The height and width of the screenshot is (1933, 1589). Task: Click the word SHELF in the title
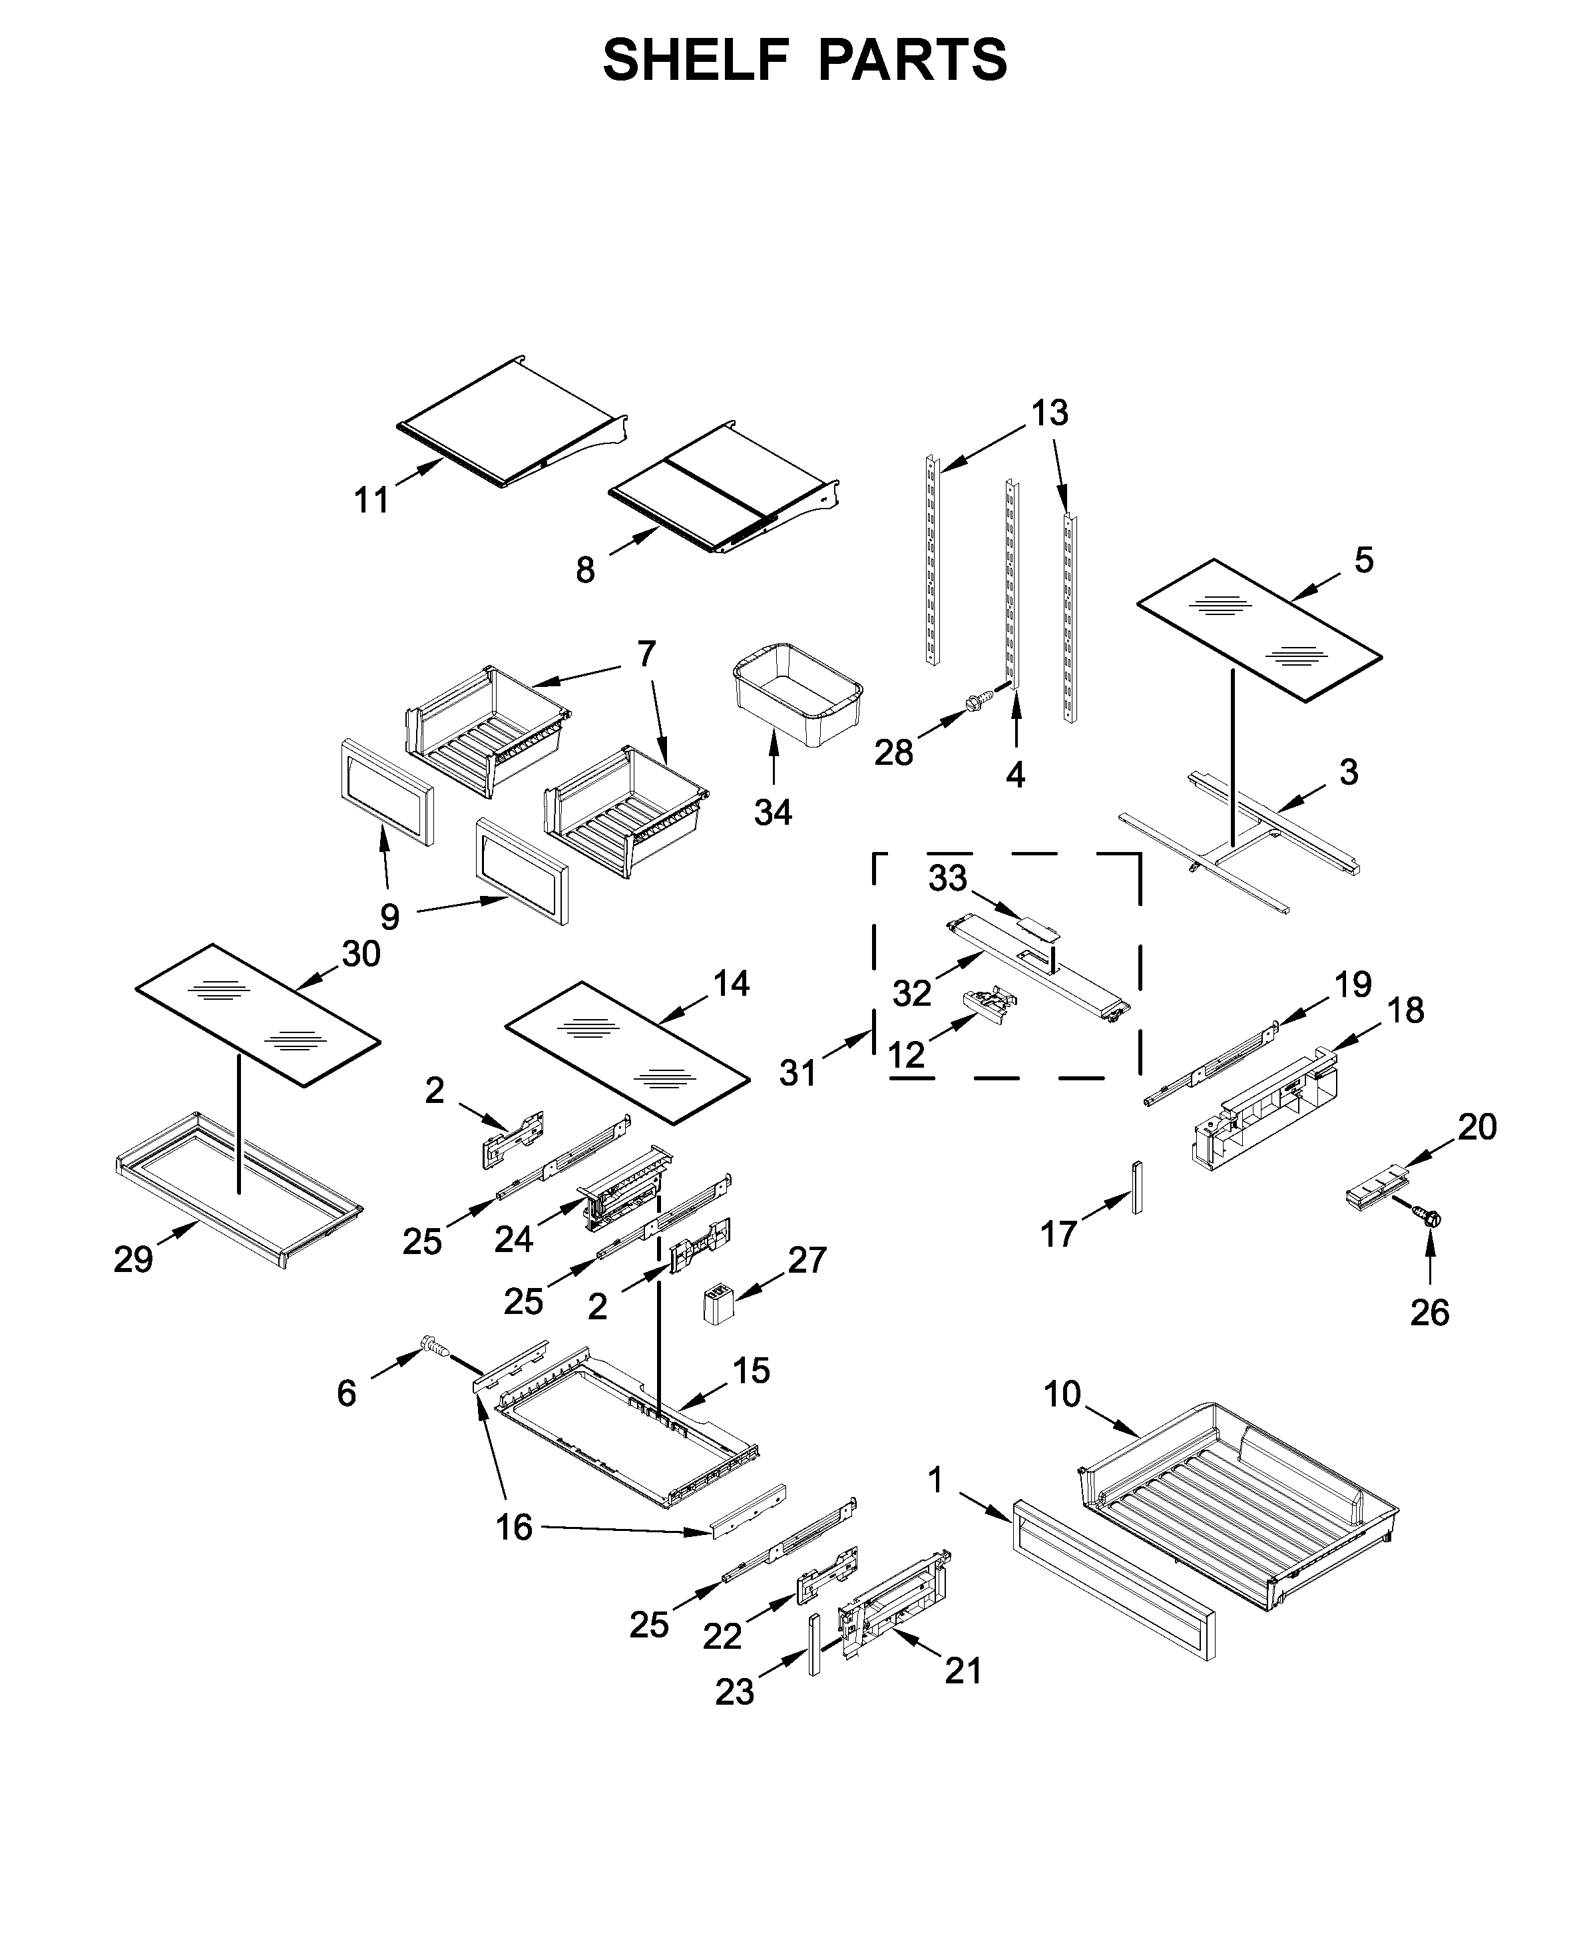pos(695,61)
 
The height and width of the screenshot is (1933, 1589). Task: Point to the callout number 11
pos(371,501)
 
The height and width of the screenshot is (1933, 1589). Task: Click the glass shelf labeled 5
pos(1259,630)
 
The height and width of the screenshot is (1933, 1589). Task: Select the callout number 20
pos(1476,1127)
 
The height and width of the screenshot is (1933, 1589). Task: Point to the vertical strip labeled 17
pos(1138,1187)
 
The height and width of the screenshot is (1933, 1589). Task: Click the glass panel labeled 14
pos(627,1052)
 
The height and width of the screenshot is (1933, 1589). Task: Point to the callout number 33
pos(947,879)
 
